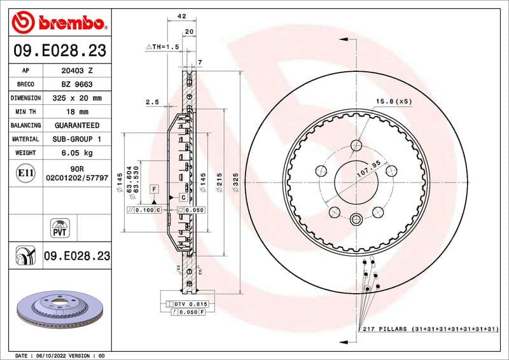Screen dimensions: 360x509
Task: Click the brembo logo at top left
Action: [x=58, y=24]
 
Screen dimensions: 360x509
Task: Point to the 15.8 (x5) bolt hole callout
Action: [x=394, y=101]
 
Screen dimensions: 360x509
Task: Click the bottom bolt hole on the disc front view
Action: [x=354, y=219]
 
